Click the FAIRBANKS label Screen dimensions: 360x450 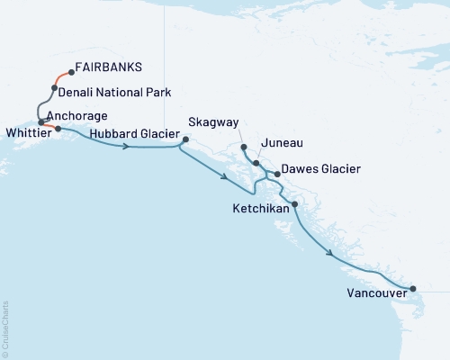[109, 67]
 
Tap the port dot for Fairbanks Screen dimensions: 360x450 [71, 73]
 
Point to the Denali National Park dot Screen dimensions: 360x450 [55, 88]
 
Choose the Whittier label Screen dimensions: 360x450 [28, 131]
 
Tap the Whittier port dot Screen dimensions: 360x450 [58, 129]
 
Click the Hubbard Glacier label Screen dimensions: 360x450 [132, 131]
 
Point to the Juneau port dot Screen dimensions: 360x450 [256, 164]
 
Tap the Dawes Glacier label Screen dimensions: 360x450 [321, 168]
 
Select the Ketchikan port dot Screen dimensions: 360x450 [294, 205]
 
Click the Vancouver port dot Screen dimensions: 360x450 [413, 289]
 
